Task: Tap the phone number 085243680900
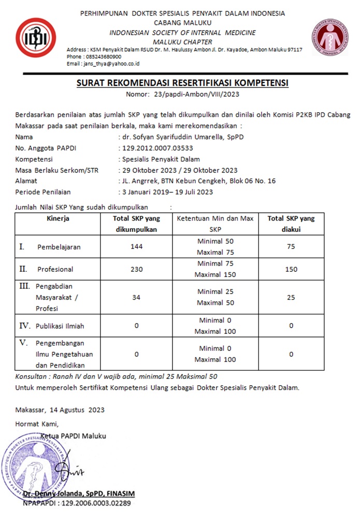(x=103, y=56)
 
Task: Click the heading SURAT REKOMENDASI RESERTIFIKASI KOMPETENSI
(x=182, y=83)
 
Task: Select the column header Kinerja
(x=57, y=218)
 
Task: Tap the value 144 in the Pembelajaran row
(x=137, y=247)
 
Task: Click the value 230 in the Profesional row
(x=137, y=269)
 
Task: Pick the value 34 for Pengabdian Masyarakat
(x=137, y=297)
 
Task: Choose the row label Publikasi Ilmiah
(x=60, y=326)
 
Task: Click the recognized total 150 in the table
(x=291, y=269)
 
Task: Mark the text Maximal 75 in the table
(x=215, y=253)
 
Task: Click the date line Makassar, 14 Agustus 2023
(x=60, y=410)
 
